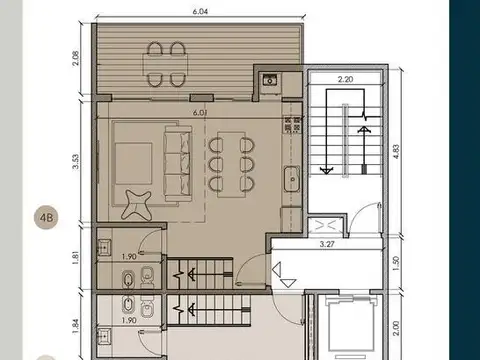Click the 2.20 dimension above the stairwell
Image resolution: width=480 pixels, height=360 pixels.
(345, 78)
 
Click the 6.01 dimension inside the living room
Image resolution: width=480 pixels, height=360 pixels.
(200, 113)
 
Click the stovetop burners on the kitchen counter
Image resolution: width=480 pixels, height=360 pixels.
(293, 124)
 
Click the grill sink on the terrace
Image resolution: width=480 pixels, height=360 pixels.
(269, 81)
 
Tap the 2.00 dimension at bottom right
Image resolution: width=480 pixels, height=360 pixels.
(396, 326)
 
